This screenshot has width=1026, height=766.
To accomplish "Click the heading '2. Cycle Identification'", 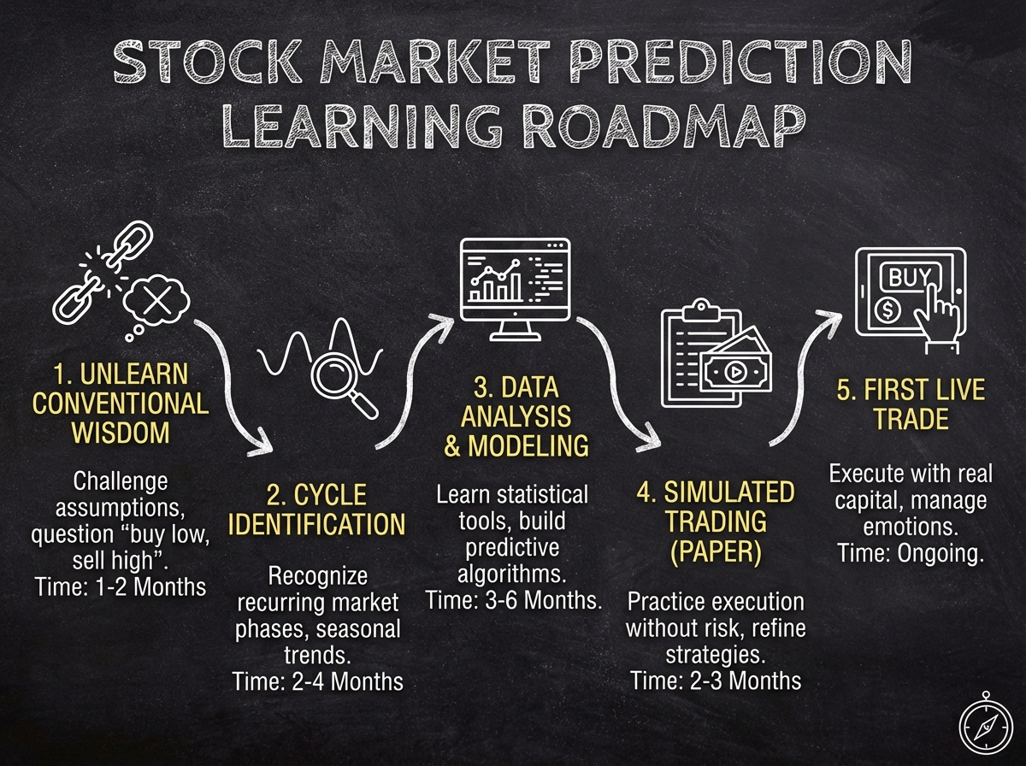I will [x=316, y=510].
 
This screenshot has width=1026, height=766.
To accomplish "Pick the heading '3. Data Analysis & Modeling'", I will [x=516, y=416].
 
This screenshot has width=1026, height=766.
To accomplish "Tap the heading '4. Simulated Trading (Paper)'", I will [x=715, y=521].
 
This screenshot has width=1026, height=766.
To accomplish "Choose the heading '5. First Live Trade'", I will [x=910, y=405].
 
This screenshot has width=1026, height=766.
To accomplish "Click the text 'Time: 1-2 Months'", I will [x=121, y=586].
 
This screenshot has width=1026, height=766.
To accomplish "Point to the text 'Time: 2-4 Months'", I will [x=317, y=681].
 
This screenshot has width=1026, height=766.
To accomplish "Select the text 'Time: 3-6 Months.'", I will [x=514, y=600].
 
